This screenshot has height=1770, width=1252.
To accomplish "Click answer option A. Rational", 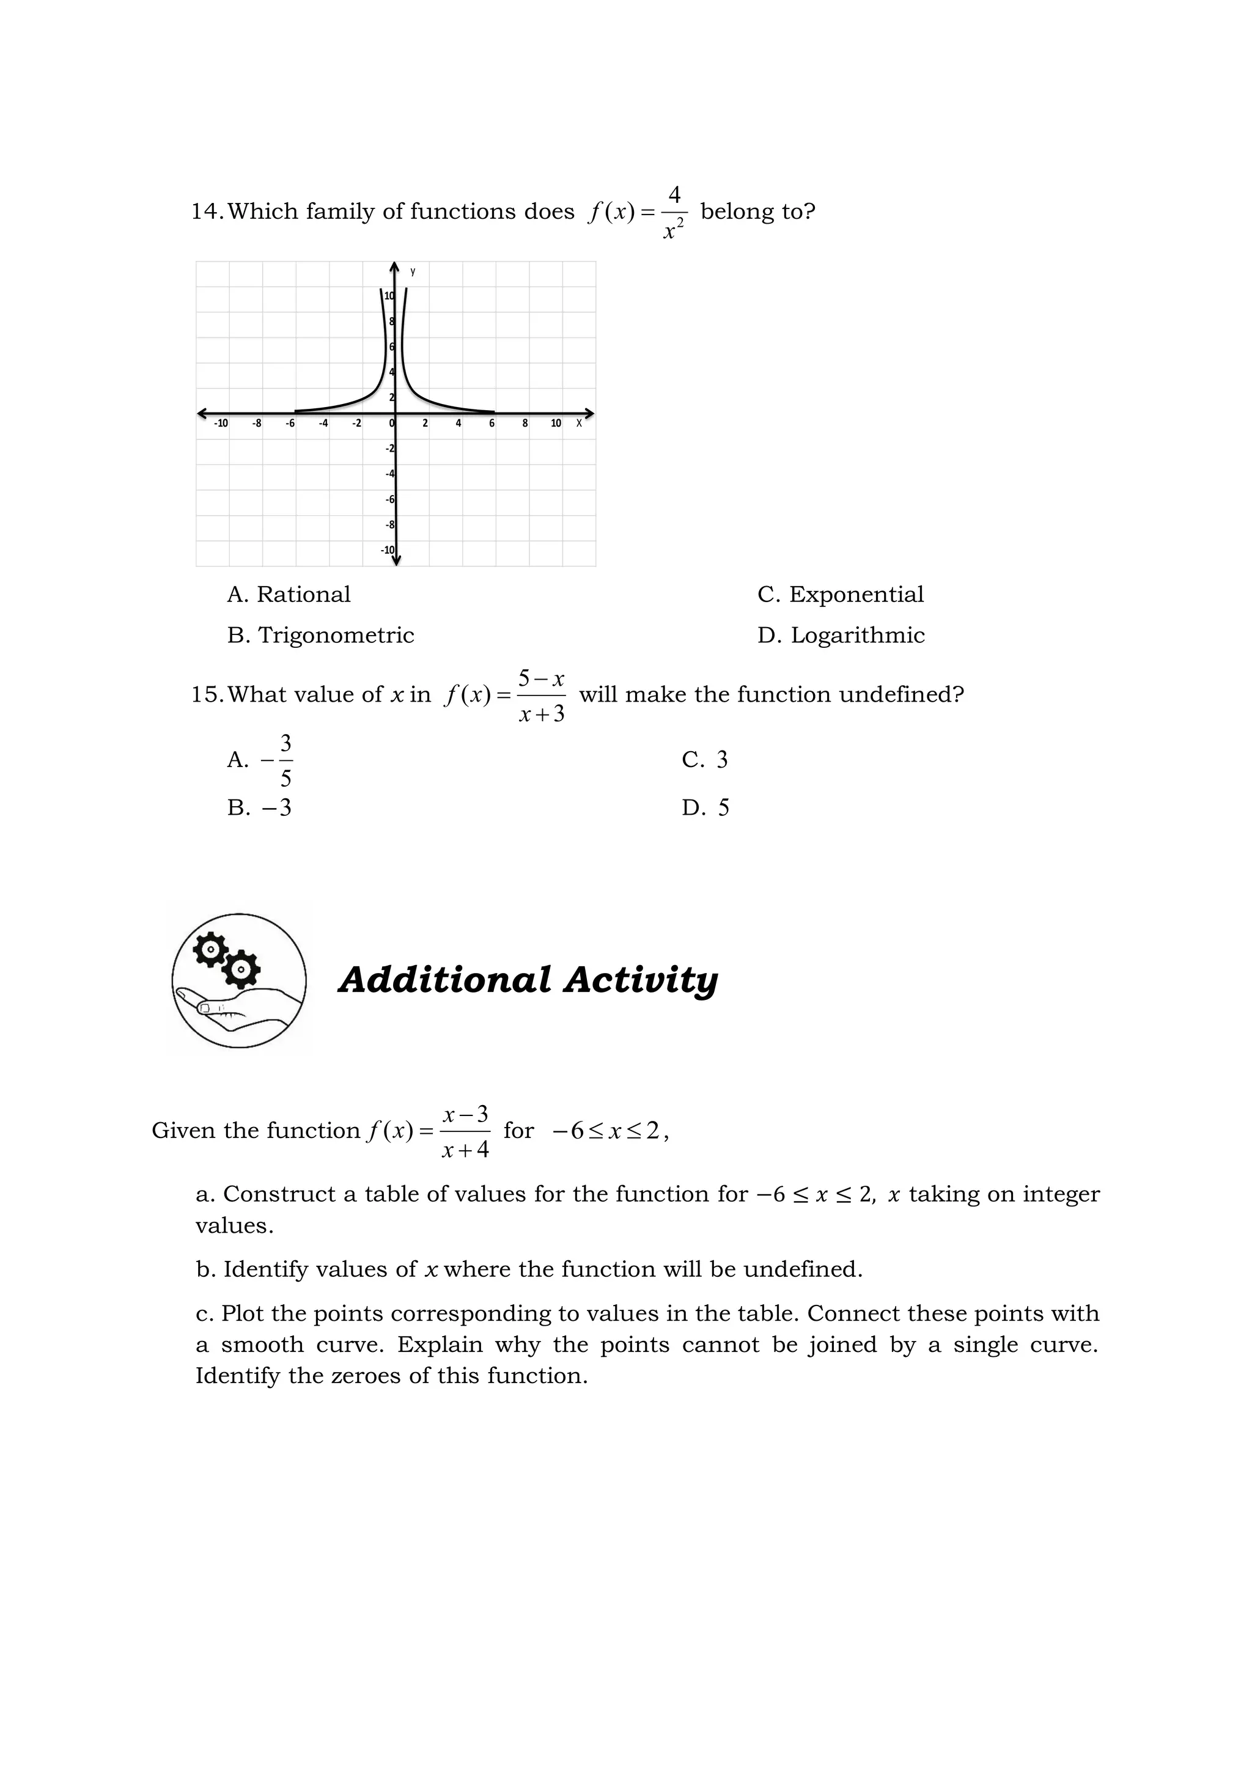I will [289, 594].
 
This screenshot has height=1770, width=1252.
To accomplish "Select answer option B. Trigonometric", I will [321, 635].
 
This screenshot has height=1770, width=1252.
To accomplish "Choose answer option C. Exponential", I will [841, 594].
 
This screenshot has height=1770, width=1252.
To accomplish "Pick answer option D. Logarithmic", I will [841, 635].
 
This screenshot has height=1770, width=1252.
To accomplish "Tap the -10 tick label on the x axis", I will [221, 423].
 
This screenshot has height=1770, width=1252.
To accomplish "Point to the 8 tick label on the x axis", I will [525, 423].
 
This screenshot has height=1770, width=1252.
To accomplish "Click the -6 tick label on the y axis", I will [390, 499].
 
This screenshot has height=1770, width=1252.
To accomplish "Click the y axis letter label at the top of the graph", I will [413, 271].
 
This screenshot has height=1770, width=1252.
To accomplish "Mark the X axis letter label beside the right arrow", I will [579, 423].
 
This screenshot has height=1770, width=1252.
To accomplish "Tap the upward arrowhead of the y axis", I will [395, 268].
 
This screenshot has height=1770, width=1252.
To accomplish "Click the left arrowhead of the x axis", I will [202, 413].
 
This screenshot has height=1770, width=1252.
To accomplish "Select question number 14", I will [207, 211].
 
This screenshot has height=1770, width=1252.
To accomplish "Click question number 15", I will [207, 694].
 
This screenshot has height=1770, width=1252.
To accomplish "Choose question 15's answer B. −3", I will [260, 808].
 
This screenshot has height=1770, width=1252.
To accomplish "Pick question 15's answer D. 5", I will [705, 808].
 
